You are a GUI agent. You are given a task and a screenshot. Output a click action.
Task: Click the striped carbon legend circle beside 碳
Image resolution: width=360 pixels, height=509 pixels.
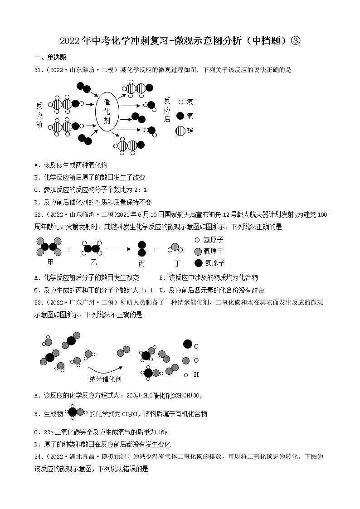click(x=180, y=131)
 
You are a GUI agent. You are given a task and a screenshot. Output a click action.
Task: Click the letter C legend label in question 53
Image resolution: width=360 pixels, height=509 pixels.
click(x=196, y=346)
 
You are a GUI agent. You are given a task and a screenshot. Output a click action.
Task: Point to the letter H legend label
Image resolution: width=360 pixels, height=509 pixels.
click(x=196, y=374)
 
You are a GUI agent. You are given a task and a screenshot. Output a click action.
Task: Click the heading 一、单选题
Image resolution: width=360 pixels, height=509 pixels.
click(x=50, y=57)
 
